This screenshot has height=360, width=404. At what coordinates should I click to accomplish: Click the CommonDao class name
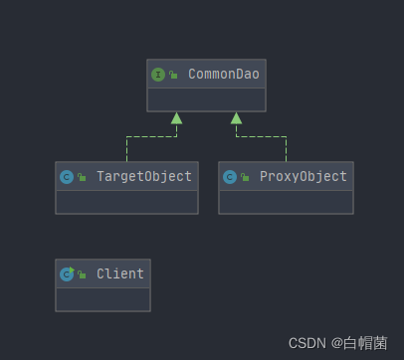point(224,74)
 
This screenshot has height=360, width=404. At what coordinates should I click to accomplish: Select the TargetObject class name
point(144,176)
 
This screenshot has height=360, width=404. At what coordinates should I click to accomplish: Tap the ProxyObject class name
point(303,176)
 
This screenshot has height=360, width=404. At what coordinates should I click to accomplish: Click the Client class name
point(120,273)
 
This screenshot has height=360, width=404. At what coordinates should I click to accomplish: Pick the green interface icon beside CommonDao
point(158,75)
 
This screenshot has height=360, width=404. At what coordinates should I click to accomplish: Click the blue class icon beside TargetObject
point(67,177)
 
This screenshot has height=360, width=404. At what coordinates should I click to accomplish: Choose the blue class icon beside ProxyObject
point(230,177)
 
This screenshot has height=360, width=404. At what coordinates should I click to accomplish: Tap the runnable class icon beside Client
point(67,274)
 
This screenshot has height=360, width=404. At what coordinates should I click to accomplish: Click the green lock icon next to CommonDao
point(173,75)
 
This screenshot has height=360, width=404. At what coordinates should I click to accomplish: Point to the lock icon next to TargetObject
point(82,177)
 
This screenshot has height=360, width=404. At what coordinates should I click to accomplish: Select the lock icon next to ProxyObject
point(245,177)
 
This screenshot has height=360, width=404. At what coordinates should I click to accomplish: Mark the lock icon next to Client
point(82,274)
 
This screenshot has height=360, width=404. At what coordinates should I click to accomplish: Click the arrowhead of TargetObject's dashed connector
point(176,118)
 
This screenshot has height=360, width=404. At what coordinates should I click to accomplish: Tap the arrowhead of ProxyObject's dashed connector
point(236,118)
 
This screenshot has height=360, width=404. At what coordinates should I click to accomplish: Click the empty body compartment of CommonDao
point(206,99)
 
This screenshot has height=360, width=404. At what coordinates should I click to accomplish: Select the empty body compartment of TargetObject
point(126,202)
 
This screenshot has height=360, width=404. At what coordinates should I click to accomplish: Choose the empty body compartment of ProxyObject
point(286,202)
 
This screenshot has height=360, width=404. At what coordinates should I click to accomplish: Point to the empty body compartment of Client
point(102,299)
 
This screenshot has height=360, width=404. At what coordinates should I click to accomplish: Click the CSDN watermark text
point(338,343)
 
